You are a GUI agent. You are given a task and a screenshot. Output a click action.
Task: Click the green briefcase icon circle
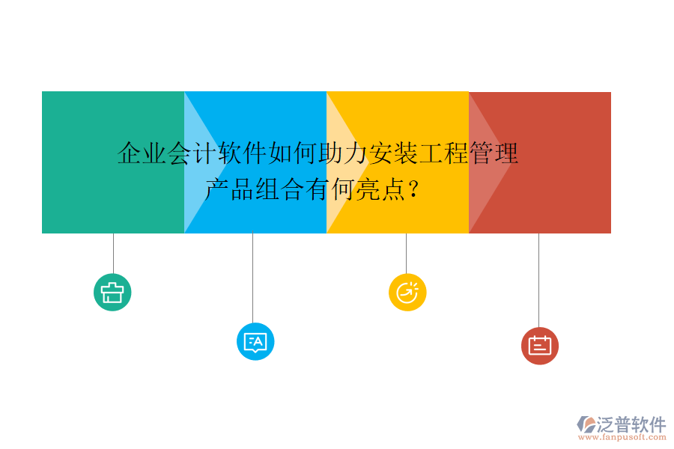[x=112, y=292]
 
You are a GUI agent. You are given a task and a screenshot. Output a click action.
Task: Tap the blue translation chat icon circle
[x=255, y=342]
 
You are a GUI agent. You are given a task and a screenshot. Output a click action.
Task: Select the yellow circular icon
[x=407, y=292]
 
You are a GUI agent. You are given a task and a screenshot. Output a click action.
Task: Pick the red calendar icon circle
[x=539, y=346]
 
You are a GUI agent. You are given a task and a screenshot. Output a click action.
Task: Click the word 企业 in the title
[x=142, y=154]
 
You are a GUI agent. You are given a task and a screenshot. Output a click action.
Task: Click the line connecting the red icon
[x=538, y=280]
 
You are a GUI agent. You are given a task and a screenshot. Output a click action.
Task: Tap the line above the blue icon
[x=252, y=277]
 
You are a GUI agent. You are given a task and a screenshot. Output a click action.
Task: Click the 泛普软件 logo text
[x=631, y=424]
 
